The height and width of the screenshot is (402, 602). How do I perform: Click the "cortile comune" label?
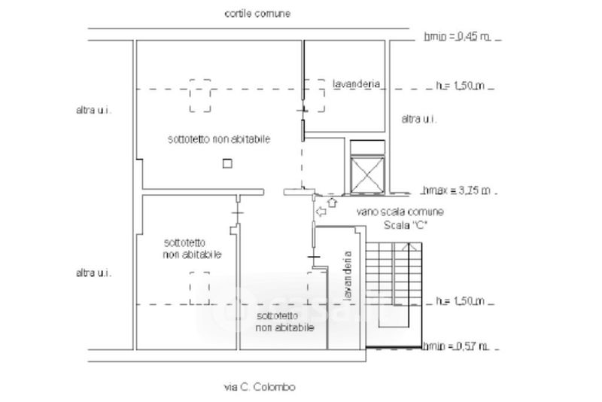[257, 14]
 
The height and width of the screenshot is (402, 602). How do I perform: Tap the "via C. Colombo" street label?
[260, 387]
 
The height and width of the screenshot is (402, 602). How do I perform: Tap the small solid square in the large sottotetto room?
[227, 163]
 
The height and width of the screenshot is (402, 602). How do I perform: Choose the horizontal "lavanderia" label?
[356, 84]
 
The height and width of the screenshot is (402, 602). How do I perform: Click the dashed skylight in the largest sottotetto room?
[199, 96]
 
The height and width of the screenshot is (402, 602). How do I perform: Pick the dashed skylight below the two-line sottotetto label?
[199, 288]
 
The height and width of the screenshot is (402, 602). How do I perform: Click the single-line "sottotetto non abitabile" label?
[219, 139]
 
